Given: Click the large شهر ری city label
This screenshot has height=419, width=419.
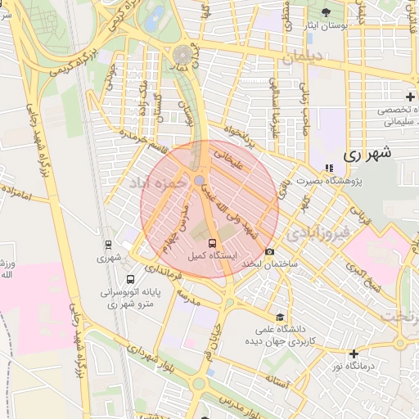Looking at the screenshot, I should coord(367,153).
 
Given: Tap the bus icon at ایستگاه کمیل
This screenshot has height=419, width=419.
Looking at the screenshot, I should coord(212,244).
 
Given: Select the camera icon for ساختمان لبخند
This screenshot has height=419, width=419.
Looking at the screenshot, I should coord(269,252).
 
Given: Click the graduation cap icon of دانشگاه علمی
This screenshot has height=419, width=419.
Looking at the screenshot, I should coord(280,317).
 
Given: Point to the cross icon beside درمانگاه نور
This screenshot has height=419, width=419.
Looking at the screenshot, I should coord(354,354).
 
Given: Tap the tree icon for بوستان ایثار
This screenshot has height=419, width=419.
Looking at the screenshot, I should coord(327,11).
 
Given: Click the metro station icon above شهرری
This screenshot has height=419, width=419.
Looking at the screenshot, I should coord(108,244).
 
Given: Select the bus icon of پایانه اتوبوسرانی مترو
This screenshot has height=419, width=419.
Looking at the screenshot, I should coord(108,280).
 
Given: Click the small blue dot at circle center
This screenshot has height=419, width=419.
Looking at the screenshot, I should coord(200,180).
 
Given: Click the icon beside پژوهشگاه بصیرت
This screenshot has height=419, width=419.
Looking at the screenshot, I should coord(330,168).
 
